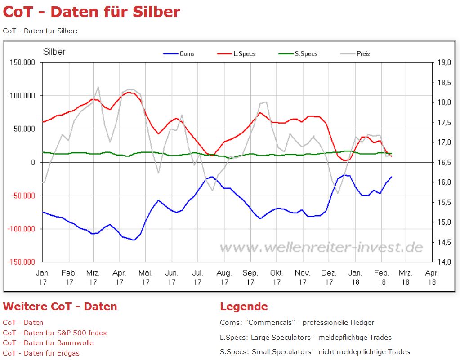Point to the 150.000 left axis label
pos(22,62)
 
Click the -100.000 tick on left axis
pos(21,229)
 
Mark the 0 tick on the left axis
pos(33,162)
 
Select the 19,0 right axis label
pos(444,62)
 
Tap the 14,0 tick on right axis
pos(444,262)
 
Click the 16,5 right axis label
pos(444,162)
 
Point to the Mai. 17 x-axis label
pos(145,277)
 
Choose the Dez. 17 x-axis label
pos(329,277)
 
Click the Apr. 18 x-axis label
pos(432,277)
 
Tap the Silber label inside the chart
pos(54,52)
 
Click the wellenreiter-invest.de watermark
pos(321,247)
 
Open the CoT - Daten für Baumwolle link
pos(48,342)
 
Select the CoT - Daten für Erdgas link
pos(41,353)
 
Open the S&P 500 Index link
pos(55,333)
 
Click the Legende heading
pos(244,307)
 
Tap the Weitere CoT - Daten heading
pos(60,307)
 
